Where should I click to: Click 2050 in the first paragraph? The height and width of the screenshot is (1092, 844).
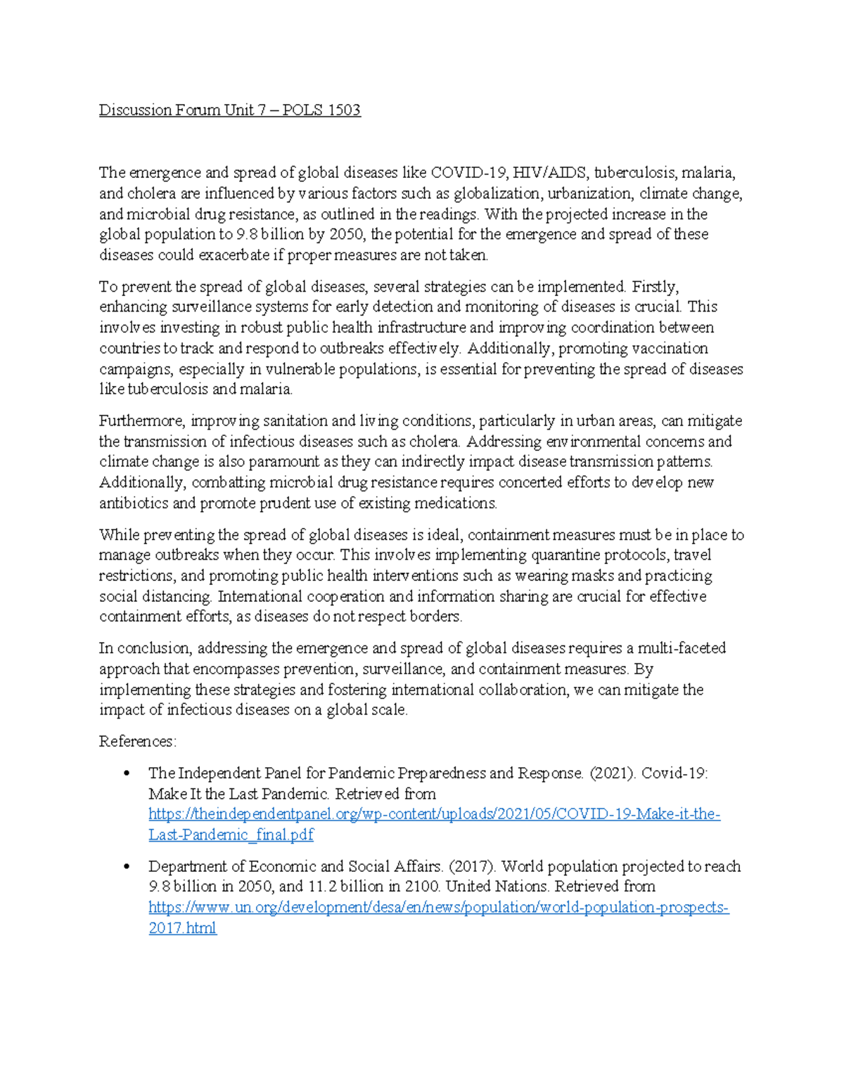pyautogui.click(x=347, y=234)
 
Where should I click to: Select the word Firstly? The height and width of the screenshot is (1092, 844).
pyautogui.click(x=655, y=287)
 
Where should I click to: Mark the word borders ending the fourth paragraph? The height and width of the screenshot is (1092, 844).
pyautogui.click(x=438, y=617)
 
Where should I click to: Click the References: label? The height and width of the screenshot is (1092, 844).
pyautogui.click(x=138, y=742)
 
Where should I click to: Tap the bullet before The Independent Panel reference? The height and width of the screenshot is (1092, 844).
pyautogui.click(x=127, y=774)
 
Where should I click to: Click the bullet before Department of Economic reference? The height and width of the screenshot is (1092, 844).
pyautogui.click(x=127, y=867)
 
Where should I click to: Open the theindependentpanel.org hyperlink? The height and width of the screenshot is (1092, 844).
pyautogui.click(x=434, y=815)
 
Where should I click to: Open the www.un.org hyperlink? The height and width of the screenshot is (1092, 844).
pyautogui.click(x=438, y=908)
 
